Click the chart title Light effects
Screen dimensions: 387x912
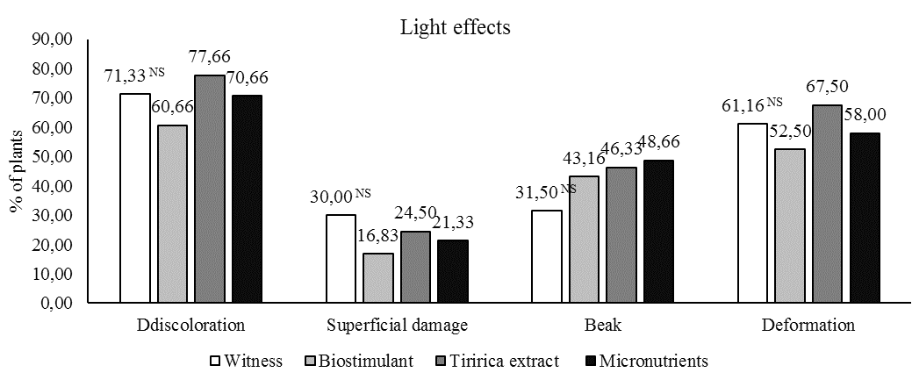point(456,27)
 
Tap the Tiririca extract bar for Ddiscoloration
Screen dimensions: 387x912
point(209,189)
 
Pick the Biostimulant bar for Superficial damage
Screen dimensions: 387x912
point(377,278)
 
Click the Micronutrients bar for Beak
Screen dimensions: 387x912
point(657,232)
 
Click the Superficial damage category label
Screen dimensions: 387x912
point(397,325)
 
